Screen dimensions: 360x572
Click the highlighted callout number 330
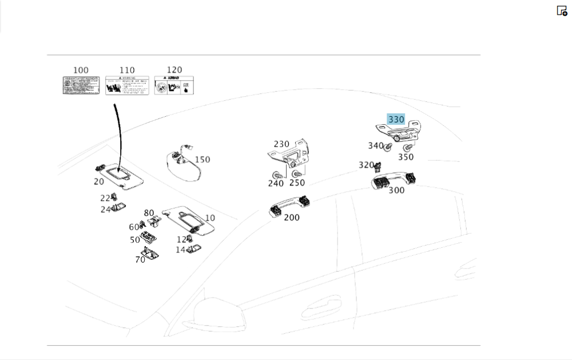coord(396,120)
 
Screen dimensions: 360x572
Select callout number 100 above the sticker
coord(81,70)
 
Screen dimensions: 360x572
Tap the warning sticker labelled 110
coord(127,85)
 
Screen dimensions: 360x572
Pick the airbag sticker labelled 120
coord(174,85)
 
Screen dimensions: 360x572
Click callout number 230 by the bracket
coord(281,144)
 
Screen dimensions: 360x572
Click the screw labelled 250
coord(297,173)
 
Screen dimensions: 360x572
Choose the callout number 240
coord(276,183)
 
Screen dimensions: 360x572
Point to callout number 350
coord(406,157)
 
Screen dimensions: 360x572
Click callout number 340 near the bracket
coord(375,146)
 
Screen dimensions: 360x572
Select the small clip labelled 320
coord(378,167)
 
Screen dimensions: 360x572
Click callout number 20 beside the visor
coord(99,181)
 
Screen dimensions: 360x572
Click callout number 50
coord(135,240)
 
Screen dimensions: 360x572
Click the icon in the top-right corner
coord(562,10)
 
